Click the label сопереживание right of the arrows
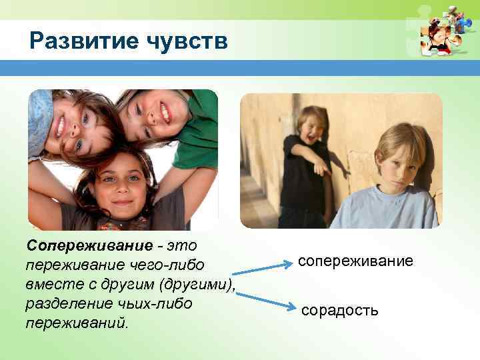[x=355, y=261]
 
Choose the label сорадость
[x=340, y=310]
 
